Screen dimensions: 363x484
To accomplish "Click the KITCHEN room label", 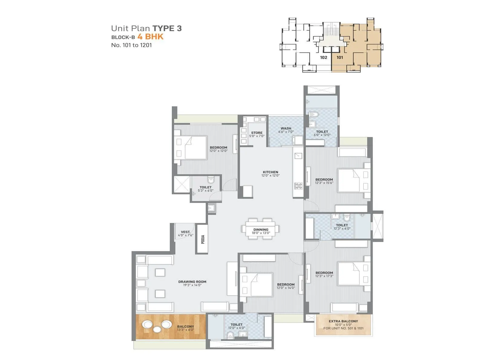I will tap(270, 172).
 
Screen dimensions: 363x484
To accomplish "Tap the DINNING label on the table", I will tap(261, 230).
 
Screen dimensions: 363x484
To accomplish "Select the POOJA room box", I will tap(203, 239).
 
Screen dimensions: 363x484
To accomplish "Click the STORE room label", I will tap(257, 133).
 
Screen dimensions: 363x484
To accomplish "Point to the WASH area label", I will tap(286, 129).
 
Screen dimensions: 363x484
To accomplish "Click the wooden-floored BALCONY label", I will tap(185, 327).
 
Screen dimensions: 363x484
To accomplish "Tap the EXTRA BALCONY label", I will tap(343, 321).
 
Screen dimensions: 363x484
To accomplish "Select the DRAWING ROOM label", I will tap(192, 282).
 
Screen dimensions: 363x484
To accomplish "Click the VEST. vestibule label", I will tap(185, 232).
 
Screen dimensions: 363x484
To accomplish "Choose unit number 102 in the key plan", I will tap(323, 57).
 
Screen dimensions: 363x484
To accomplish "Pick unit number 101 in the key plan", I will tap(340, 57).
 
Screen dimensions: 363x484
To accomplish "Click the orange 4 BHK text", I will tap(150, 37).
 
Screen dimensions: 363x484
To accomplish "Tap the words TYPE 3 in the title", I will tap(167, 28).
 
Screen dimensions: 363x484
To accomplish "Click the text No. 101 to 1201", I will tap(132, 45).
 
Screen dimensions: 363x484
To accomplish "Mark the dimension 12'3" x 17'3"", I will tap(324, 276).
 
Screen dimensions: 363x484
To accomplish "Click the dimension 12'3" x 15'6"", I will tap(324, 183).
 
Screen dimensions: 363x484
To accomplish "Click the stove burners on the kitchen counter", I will tap(298, 186).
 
